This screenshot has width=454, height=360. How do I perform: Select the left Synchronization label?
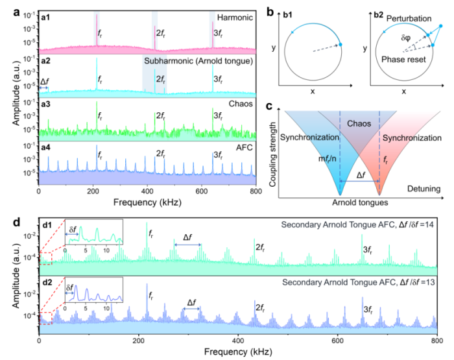310,138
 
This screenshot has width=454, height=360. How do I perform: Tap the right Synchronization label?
411,138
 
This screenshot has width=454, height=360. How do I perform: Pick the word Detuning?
424,189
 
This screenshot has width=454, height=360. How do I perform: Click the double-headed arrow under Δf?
359,182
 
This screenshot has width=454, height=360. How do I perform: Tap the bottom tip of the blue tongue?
340,195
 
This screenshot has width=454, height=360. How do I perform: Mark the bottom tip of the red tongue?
379,195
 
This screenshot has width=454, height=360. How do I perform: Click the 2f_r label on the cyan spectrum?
161,79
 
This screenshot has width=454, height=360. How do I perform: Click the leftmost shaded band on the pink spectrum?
97,30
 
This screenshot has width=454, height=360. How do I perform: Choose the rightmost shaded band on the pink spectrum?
212,30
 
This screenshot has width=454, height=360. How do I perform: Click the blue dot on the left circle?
340,44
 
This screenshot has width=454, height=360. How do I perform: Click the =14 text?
427,225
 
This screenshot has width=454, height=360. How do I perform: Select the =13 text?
427,283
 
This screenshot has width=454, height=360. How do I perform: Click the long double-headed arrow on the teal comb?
187,245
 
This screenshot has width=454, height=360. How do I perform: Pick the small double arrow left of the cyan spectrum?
44,88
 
